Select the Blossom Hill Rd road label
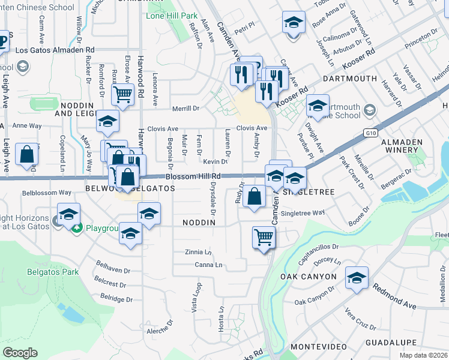(x=193, y=176)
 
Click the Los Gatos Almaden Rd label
(x=55, y=50)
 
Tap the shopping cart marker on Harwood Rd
(x=122, y=93)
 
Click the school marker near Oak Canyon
(x=357, y=277)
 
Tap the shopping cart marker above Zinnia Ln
(x=264, y=237)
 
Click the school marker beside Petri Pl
(x=292, y=23)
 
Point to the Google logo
(x=20, y=352)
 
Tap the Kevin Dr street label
(x=215, y=162)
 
